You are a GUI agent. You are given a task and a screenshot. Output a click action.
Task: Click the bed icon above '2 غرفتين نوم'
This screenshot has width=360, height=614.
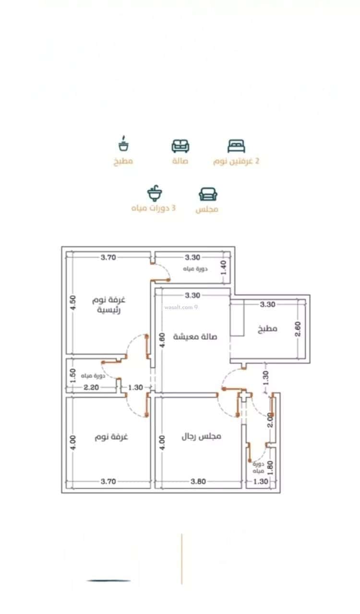(x=236, y=146)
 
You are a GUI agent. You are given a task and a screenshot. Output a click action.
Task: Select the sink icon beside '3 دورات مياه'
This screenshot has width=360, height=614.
(x=155, y=194)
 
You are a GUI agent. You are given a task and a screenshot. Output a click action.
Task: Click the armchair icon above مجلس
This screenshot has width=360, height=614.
(x=208, y=194)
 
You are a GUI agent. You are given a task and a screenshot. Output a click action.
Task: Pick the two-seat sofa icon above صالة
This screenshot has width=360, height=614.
(x=180, y=146)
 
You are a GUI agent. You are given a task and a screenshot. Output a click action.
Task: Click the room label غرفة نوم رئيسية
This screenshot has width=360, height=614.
(x=109, y=305)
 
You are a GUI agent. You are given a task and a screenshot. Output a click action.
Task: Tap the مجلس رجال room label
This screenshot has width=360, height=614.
(x=201, y=437)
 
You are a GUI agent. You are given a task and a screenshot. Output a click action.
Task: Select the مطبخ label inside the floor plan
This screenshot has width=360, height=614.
(x=267, y=329)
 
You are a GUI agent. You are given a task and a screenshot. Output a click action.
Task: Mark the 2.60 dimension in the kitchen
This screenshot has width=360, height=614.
(x=298, y=329)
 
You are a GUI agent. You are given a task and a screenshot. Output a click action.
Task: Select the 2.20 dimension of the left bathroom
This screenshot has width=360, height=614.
(x=91, y=388)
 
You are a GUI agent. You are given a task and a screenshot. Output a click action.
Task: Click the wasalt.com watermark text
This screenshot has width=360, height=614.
(x=180, y=307)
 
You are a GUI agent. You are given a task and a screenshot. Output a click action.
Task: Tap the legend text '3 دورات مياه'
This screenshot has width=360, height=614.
(x=154, y=209)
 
